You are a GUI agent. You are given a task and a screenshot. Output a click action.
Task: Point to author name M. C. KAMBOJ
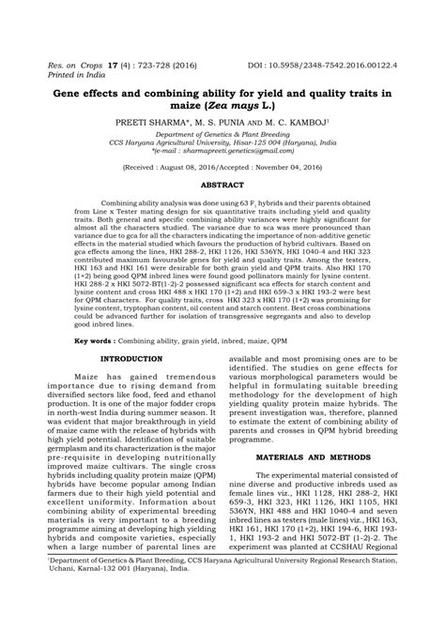click(x=293, y=122)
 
